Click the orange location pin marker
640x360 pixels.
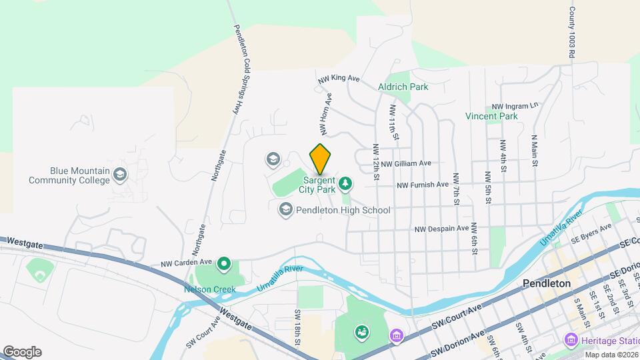point(321,159)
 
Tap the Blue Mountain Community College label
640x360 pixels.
point(69,175)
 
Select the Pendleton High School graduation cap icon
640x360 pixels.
point(285,210)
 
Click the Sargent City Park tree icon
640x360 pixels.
point(345,183)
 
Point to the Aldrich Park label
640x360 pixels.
point(403,87)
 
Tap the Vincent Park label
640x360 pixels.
point(491,116)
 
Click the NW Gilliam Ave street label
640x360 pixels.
point(406,163)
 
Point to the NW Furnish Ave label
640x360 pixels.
point(423,185)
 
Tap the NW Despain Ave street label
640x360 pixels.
point(441,228)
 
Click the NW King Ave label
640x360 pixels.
point(339,78)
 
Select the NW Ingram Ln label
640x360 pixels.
point(515,106)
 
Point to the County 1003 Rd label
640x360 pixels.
point(571,33)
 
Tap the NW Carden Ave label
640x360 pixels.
point(186,263)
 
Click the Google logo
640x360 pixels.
point(22,351)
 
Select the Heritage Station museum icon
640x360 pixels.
point(570,340)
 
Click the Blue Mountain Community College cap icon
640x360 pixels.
point(120,175)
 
